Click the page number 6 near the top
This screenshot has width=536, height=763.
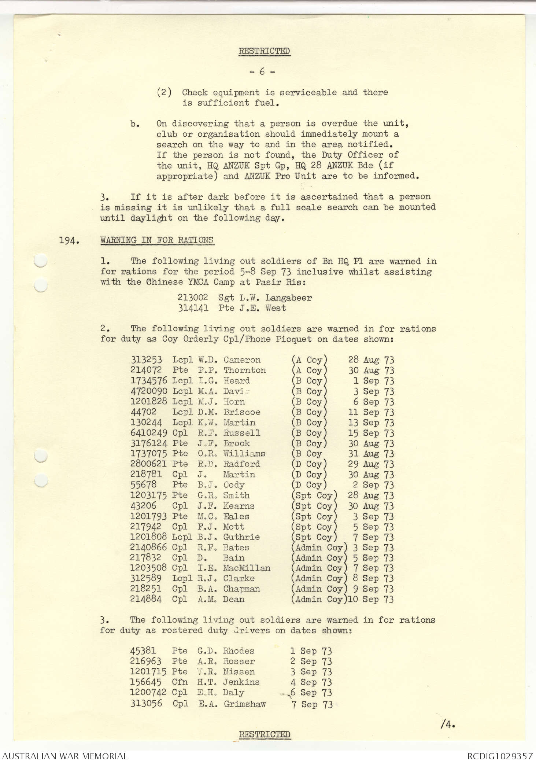click(x=262, y=72)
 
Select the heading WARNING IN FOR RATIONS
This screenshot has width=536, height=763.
click(x=157, y=240)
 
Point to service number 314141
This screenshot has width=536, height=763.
click(x=193, y=308)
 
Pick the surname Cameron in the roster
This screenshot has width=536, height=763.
click(x=242, y=360)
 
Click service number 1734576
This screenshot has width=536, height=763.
click(x=149, y=381)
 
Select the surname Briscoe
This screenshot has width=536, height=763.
click(x=242, y=412)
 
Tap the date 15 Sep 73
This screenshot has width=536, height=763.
click(x=371, y=433)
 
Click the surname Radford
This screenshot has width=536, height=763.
click(x=242, y=464)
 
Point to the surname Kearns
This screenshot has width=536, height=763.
click(x=239, y=506)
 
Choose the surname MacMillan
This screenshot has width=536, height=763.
click(x=247, y=568)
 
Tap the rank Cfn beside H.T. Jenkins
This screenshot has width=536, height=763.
click(x=180, y=682)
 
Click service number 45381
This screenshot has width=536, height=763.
click(x=143, y=651)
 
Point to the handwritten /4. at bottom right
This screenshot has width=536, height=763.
click(x=448, y=724)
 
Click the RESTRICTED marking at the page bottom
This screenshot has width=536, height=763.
click(x=264, y=734)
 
